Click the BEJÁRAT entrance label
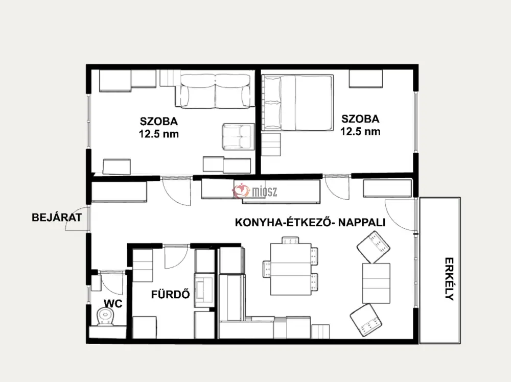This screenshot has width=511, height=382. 57,217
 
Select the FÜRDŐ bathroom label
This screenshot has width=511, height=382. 171,294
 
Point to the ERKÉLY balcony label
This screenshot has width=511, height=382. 449,279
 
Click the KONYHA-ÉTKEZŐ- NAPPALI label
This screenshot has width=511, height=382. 310,223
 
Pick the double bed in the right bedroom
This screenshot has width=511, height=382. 298,103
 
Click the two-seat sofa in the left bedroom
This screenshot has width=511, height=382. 215,91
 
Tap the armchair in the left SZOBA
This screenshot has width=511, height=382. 238,137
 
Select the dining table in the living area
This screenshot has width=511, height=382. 291,269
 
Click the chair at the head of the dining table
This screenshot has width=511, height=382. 290,240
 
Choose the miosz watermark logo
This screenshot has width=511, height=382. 255,191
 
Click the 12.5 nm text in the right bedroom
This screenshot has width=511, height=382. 360,131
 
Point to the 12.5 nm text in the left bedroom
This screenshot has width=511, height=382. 159,134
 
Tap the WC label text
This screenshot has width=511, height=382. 113,303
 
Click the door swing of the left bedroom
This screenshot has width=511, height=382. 176,192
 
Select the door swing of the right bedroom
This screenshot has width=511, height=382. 337,188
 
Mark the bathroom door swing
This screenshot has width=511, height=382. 176,257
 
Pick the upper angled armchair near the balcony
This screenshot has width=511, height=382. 374,247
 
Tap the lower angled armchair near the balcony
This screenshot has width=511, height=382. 366,320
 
